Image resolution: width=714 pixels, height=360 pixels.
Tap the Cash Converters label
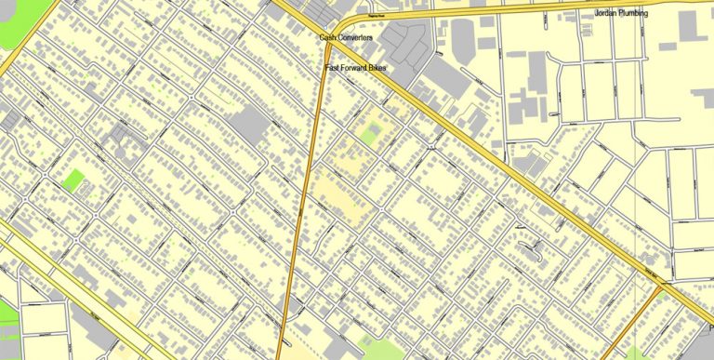(x=346, y=37)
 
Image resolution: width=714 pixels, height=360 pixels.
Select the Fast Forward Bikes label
(x=355, y=69)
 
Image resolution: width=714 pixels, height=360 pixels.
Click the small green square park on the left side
(x=73, y=180)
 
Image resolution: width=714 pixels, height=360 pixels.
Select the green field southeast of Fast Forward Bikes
(x=369, y=136)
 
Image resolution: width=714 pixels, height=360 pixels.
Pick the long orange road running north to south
(x=303, y=205)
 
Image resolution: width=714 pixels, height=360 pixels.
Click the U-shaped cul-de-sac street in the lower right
(x=532, y=247)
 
